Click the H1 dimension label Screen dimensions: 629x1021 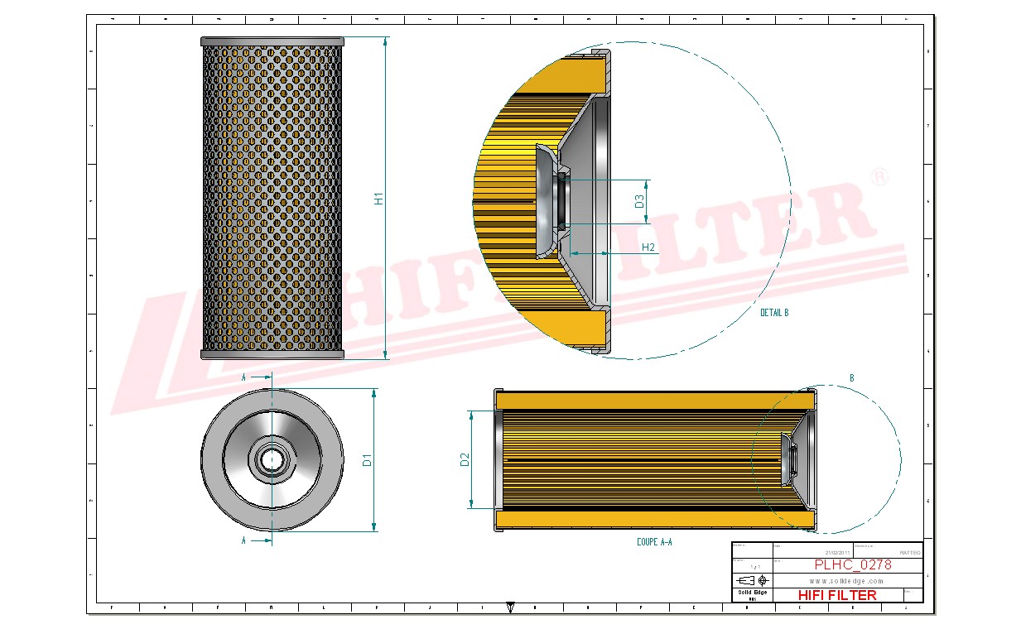point(378,199)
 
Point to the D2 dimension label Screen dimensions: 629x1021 point(465,459)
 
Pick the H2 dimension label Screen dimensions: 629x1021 point(648,247)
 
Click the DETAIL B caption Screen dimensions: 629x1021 point(774,313)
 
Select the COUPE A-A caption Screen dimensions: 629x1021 point(654,542)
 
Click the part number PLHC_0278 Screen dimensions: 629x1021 point(853,565)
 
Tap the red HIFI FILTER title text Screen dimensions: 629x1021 point(837,595)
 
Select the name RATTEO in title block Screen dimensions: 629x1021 point(908,552)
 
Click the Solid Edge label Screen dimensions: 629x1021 point(752,592)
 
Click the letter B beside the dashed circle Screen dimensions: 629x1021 point(851,378)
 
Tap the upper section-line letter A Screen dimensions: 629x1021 point(243,377)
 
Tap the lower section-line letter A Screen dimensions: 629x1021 point(243,540)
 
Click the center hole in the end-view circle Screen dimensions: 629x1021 point(272,459)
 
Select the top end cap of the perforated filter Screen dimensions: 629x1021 point(272,41)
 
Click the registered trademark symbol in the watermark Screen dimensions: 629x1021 point(881,177)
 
